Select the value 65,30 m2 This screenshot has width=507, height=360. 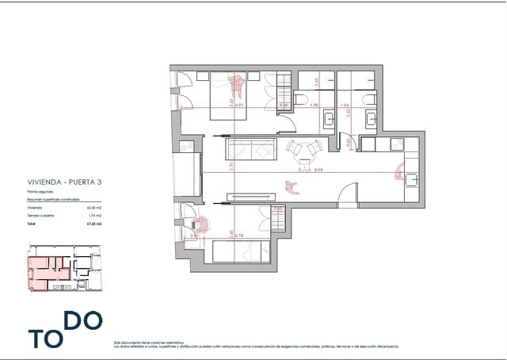[x=98, y=207]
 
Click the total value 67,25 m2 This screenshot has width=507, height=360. [x=98, y=224]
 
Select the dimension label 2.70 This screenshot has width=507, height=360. [x=232, y=167]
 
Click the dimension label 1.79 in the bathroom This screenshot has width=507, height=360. [x=313, y=105]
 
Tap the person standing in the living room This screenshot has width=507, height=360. [x=292, y=186]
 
